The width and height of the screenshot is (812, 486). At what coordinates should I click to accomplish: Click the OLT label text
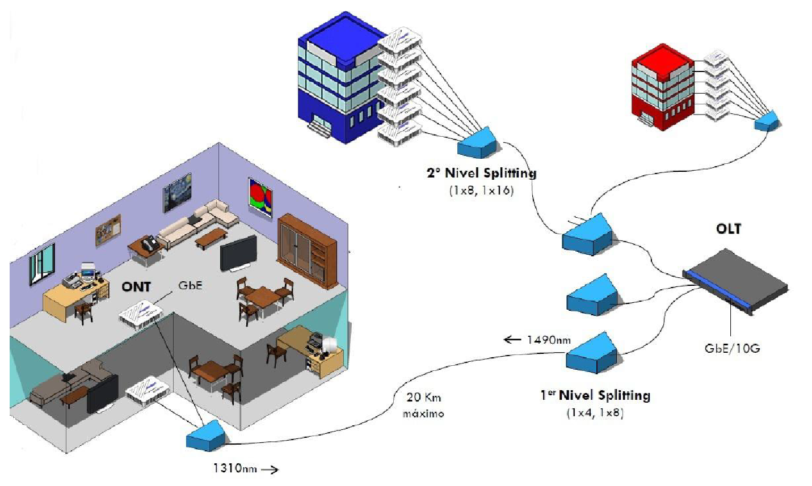[728, 229]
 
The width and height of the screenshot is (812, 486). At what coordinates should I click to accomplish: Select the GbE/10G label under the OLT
[731, 348]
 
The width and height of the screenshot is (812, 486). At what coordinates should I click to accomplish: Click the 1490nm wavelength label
[548, 340]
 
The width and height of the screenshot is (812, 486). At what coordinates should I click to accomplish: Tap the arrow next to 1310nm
[270, 469]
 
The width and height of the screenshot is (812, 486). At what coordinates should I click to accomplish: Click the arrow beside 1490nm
[512, 340]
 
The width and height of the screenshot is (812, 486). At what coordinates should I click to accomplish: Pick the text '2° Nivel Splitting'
[481, 173]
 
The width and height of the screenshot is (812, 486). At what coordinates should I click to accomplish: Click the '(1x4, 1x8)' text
[595, 412]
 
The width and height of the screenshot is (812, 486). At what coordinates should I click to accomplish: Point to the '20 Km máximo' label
[423, 405]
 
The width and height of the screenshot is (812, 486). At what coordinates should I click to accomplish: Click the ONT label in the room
[136, 286]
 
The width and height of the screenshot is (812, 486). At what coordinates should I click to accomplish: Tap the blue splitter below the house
[206, 436]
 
